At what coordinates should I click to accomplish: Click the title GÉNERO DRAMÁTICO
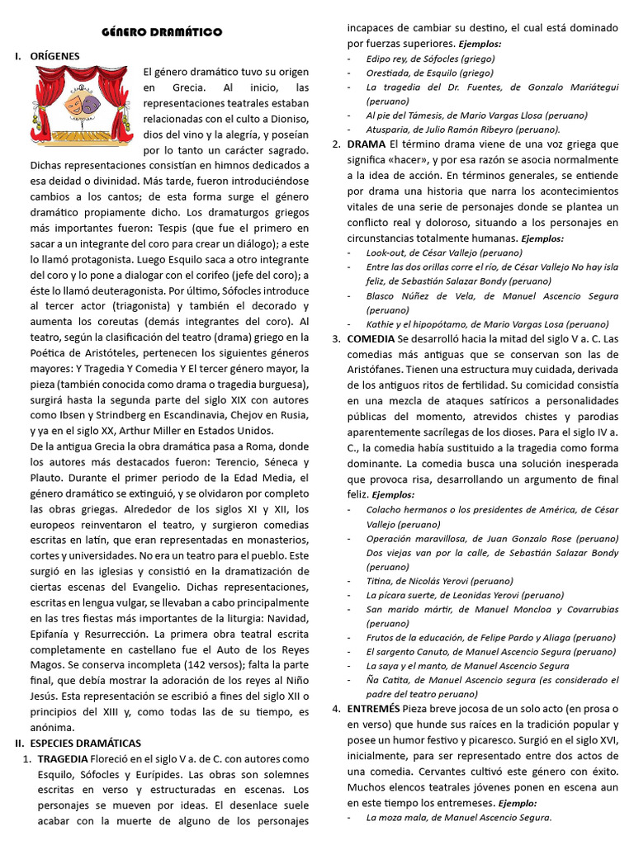pos(162,32)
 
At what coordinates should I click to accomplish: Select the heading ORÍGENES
pos(54,56)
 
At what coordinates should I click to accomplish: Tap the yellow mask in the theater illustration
pos(79,105)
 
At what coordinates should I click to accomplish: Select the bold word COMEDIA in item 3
pos(371,339)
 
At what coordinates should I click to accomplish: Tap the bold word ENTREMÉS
pos(374,709)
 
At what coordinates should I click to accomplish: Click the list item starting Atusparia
pos(463,130)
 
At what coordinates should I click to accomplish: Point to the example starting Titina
pos(439,581)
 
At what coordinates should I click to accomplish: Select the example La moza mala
pos(458,817)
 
